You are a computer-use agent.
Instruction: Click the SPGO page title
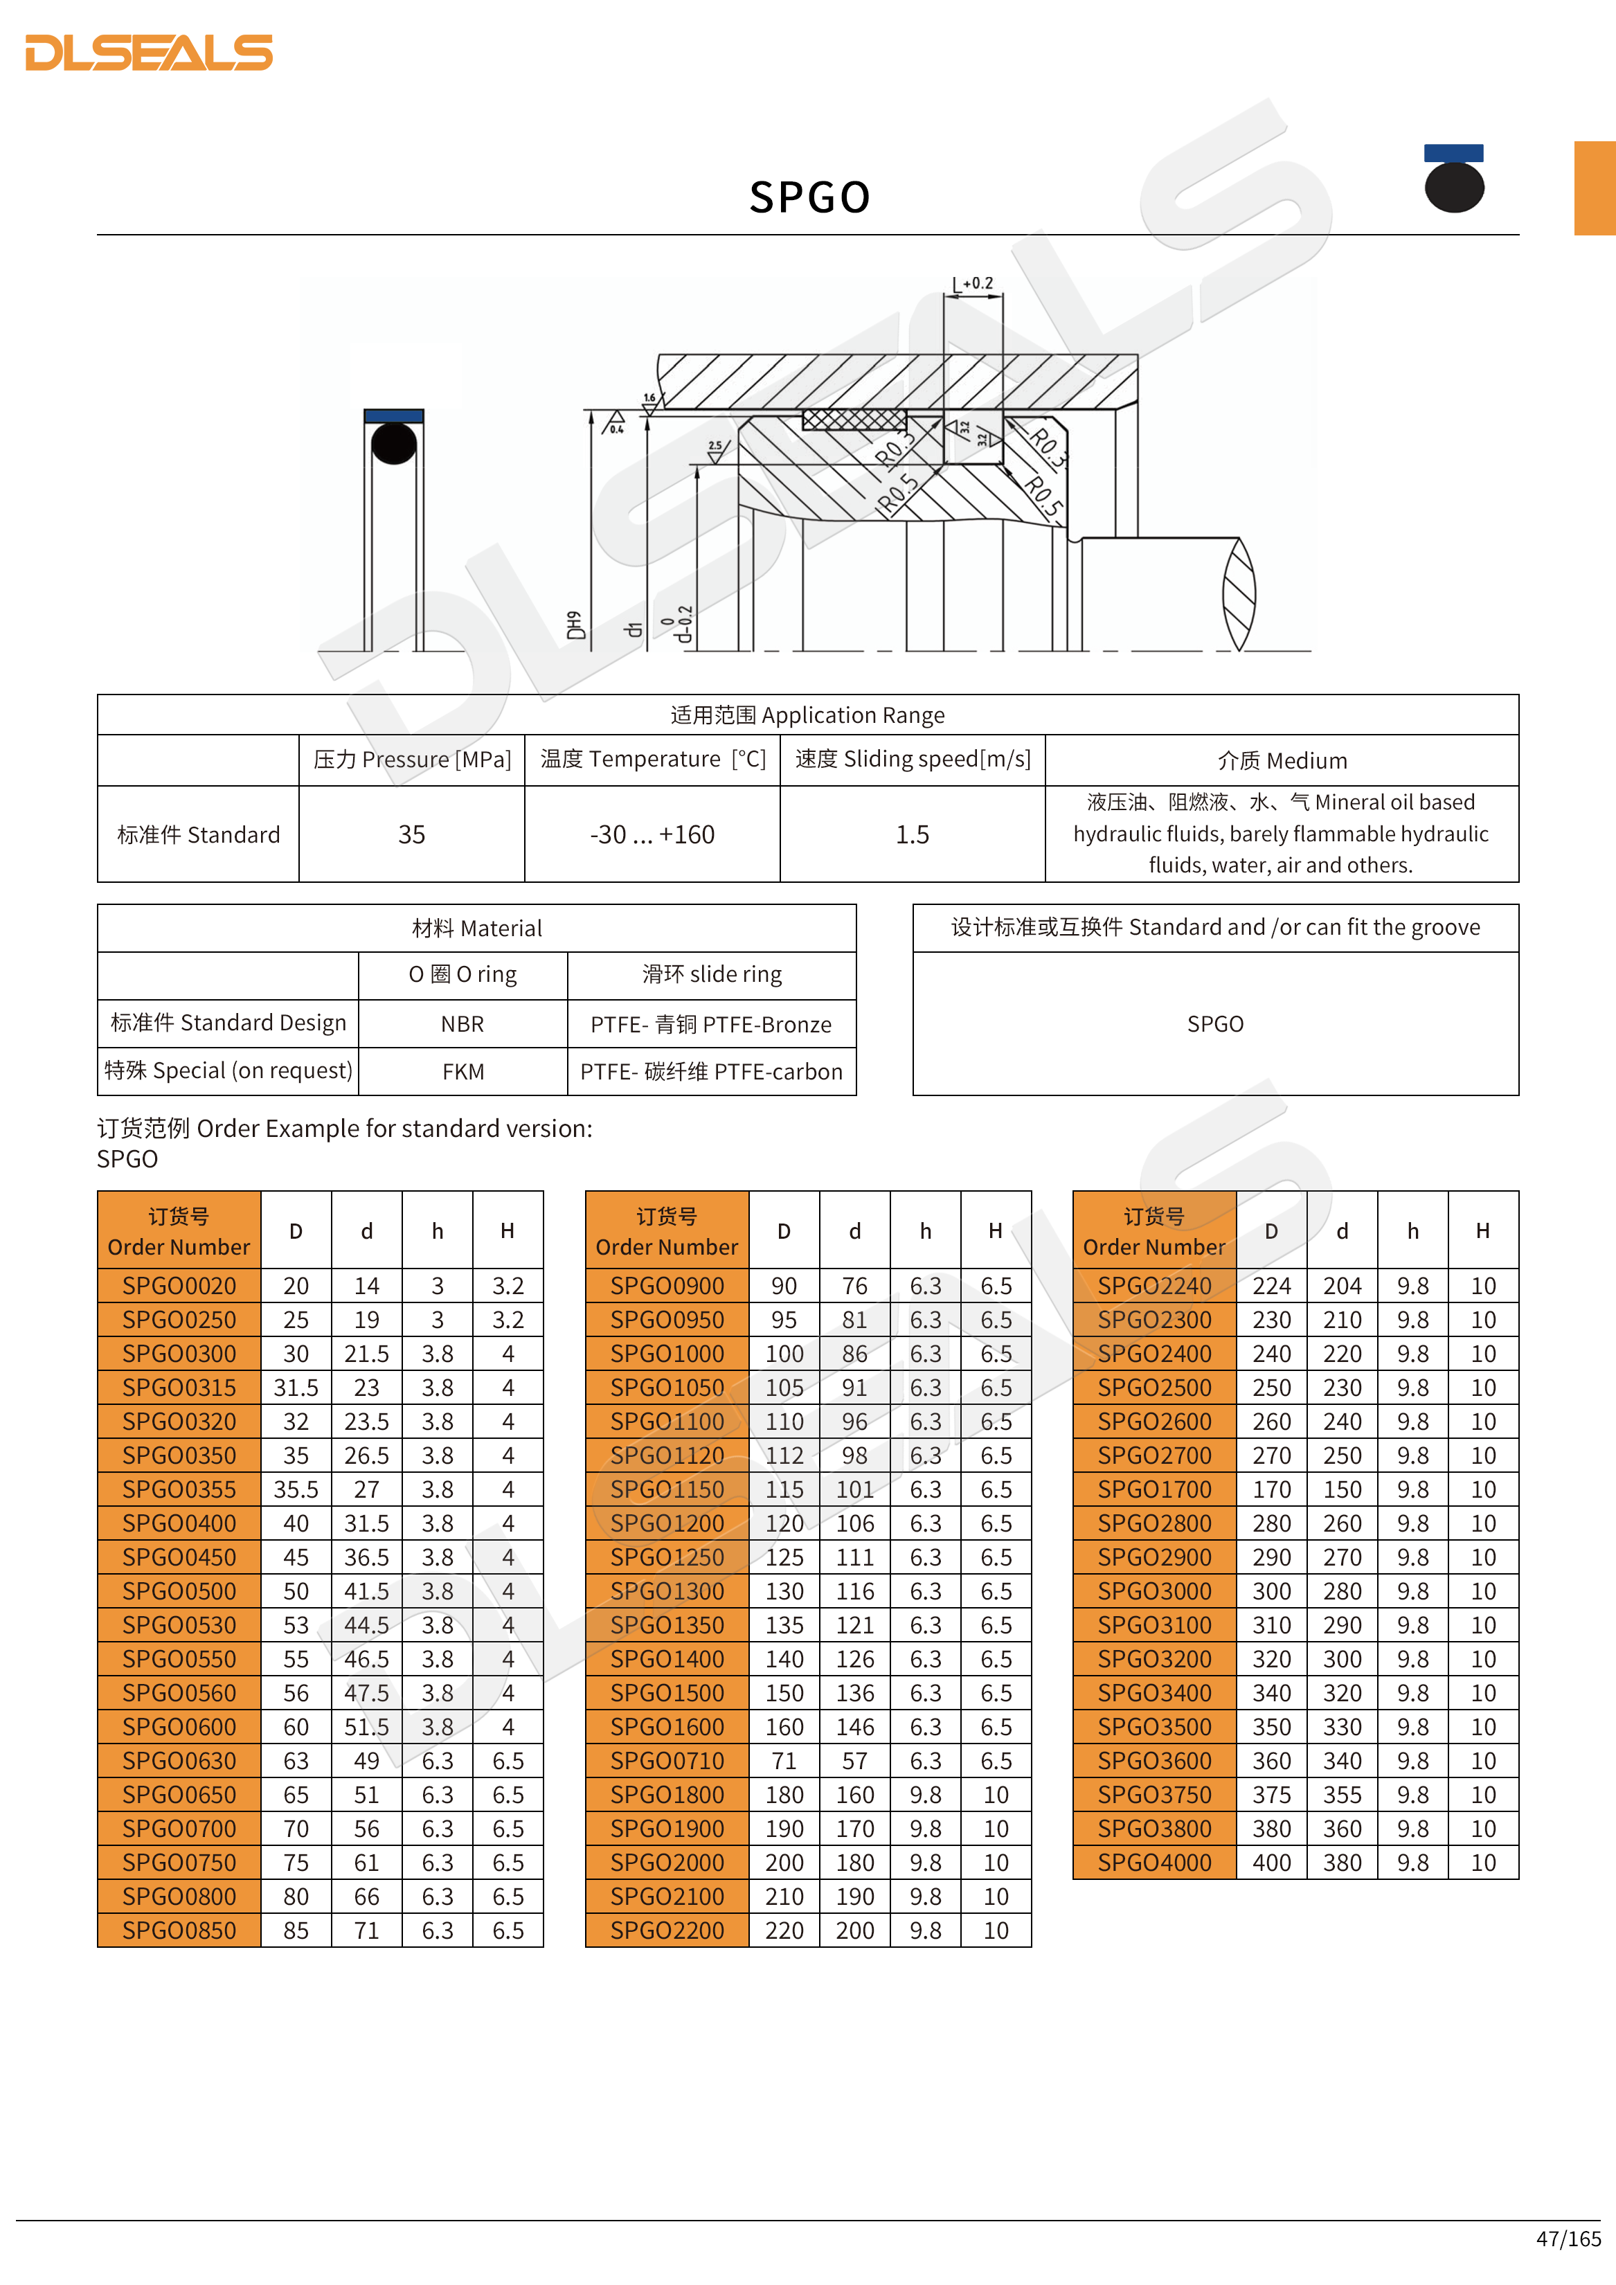point(809,197)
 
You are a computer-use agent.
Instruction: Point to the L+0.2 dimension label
point(973,285)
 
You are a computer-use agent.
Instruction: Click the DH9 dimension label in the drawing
point(574,625)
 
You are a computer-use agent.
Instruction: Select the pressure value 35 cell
point(411,835)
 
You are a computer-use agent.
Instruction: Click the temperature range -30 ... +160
point(652,835)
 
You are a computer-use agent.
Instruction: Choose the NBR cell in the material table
point(463,1024)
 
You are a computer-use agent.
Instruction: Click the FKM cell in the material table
point(463,1072)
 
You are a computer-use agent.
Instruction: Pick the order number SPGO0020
point(179,1286)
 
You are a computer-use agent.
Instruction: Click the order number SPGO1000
point(667,1354)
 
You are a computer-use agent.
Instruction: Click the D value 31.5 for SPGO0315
point(296,1388)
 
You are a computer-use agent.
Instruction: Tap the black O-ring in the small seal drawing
point(394,444)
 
